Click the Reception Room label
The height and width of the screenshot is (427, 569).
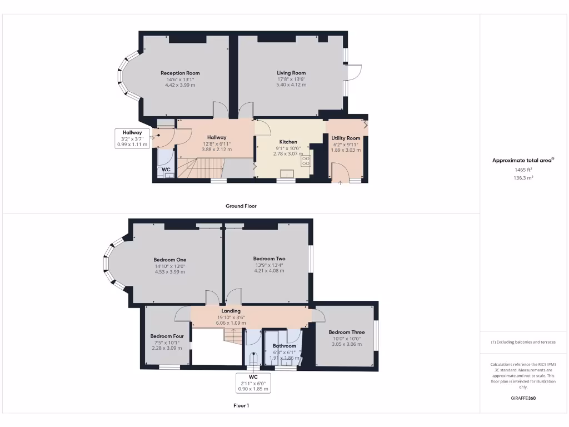click(x=180, y=73)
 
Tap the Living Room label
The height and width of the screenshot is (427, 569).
click(x=291, y=73)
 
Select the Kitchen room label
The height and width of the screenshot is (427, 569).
click(x=288, y=142)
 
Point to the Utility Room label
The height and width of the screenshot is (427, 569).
click(x=346, y=138)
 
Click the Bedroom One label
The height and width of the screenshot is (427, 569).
click(x=170, y=260)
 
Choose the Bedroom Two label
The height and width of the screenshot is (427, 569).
click(x=269, y=259)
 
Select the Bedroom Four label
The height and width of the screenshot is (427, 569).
click(x=167, y=336)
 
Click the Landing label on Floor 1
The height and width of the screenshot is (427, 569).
click(x=231, y=311)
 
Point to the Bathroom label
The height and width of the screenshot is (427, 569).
click(x=284, y=346)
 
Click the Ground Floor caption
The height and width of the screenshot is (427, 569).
click(x=241, y=206)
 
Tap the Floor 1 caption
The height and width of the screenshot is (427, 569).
click(x=241, y=405)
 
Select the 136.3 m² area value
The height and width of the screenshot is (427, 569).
click(x=523, y=178)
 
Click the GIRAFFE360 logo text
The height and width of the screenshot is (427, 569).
click(x=523, y=398)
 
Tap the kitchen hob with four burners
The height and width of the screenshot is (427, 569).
click(x=306, y=161)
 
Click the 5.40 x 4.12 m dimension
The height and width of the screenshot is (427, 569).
click(x=291, y=85)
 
